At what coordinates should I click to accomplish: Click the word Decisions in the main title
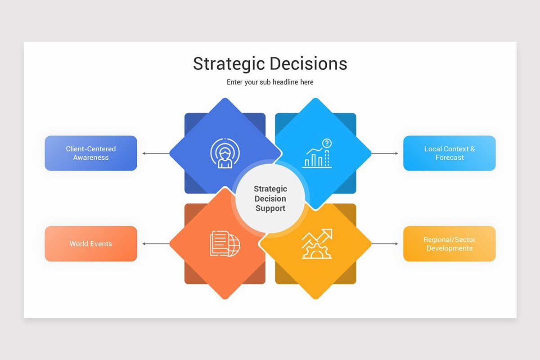click(310, 64)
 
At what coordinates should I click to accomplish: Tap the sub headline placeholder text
click(270, 82)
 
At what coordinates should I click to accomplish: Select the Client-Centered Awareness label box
click(91, 153)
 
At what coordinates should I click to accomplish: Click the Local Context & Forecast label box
click(449, 153)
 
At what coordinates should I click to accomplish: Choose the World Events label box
click(91, 243)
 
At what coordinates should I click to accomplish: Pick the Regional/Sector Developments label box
click(449, 243)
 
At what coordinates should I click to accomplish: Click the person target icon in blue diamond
click(225, 153)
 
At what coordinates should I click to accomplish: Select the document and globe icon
click(225, 243)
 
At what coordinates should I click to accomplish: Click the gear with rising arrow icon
click(317, 244)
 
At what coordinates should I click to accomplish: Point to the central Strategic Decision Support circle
click(270, 198)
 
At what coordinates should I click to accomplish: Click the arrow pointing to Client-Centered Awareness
click(156, 153)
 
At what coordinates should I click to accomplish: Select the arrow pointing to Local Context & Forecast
click(385, 153)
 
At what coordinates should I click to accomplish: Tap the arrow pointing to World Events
click(156, 244)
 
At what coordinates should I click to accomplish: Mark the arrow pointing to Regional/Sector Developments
click(385, 244)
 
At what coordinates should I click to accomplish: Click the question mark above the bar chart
click(327, 143)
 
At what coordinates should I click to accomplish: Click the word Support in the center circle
click(270, 208)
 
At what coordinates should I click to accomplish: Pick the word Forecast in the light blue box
click(449, 157)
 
